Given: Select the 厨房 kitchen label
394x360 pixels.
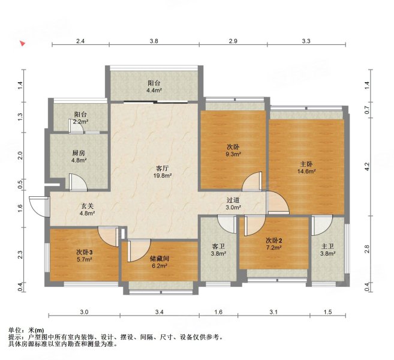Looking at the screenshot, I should (79, 152).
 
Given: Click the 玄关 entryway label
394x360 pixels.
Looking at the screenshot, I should (88, 206).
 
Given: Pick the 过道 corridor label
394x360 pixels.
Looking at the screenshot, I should (233, 200).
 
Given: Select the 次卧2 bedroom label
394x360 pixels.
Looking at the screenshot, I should (274, 240).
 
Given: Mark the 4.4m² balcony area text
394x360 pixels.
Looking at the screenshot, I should (154, 91).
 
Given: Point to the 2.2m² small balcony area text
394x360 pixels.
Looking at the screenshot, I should (82, 122).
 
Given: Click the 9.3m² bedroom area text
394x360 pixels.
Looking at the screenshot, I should (234, 154).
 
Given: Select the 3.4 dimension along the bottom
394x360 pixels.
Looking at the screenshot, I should (160, 313).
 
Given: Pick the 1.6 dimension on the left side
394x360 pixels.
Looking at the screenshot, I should (20, 208).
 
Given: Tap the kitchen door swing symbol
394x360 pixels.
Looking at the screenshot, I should (76, 182).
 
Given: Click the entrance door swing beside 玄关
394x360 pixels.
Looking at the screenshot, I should (40, 205).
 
